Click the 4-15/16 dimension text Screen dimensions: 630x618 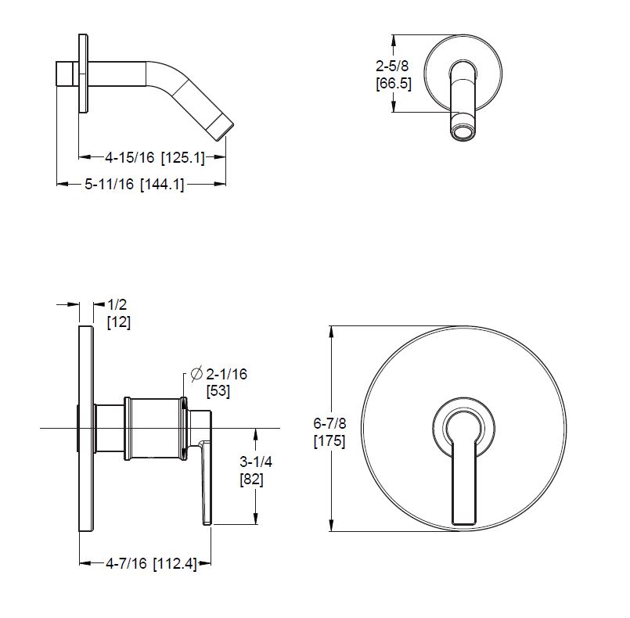click(x=129, y=157)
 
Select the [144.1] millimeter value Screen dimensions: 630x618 click(x=162, y=185)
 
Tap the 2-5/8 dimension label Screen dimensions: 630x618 click(x=392, y=66)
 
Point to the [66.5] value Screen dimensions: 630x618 click(x=394, y=84)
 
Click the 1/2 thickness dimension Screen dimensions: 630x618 click(x=117, y=304)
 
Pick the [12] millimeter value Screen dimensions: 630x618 click(x=119, y=322)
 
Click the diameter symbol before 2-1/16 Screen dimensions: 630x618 click(x=196, y=374)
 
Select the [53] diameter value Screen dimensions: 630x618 click(x=218, y=391)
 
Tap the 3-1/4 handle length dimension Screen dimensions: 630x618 click(x=256, y=462)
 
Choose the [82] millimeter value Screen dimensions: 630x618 click(x=251, y=479)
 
